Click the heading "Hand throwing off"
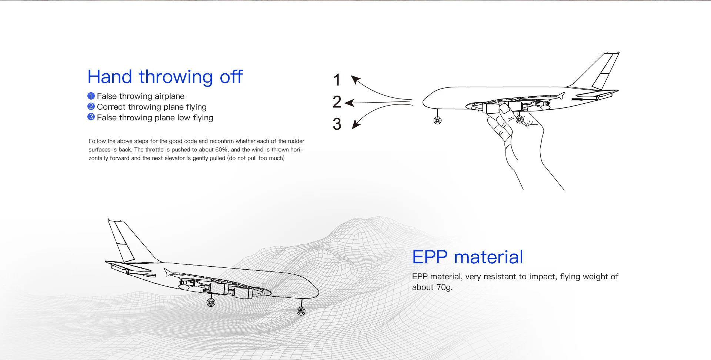coord(165,77)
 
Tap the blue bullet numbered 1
coord(91,96)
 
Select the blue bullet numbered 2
coord(91,107)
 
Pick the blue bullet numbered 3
coord(91,117)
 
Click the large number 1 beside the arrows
coord(337,80)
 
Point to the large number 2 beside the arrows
coord(337,102)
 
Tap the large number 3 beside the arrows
coord(337,124)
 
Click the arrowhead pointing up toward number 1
coord(356,80)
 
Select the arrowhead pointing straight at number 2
coord(350,103)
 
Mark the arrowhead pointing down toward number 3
coord(356,124)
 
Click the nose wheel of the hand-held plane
coord(437,120)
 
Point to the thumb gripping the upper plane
coord(505,109)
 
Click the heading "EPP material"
coord(468,257)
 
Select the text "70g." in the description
coord(444,287)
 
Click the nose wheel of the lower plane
coord(301,311)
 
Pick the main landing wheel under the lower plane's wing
coord(211,303)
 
